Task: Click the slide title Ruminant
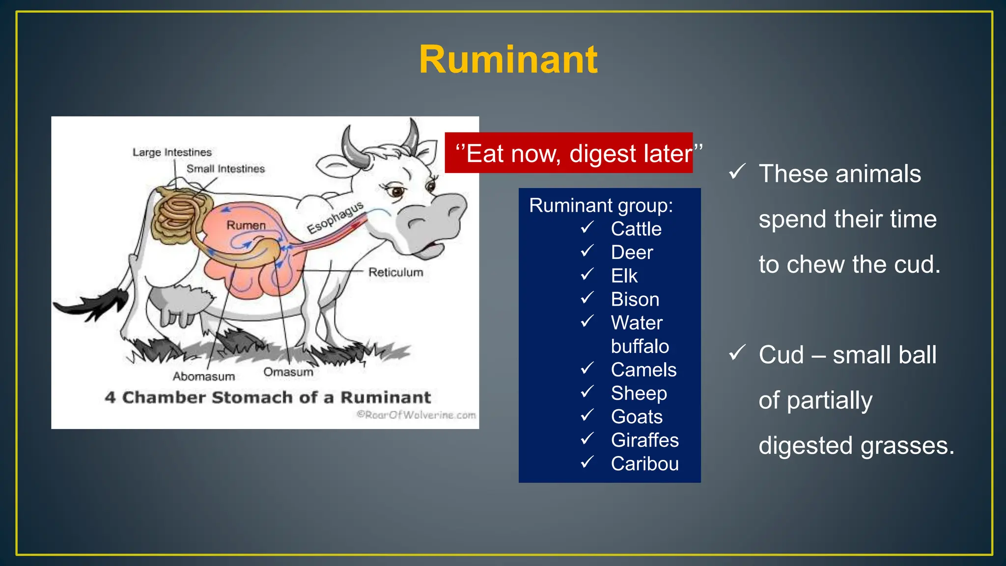pos(508,60)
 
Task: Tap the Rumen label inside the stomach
pos(246,226)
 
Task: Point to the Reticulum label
pos(395,272)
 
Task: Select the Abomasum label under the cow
pos(203,376)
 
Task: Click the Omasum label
pos(288,372)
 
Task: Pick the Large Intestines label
pos(172,152)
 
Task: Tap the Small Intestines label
pos(225,169)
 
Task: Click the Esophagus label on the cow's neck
pos(335,217)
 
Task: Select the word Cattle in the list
pos(636,229)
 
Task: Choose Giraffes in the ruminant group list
pos(644,440)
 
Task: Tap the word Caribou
pos(644,464)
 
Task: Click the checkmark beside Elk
pos(587,274)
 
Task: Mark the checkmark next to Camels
pos(587,368)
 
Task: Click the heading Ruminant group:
pos(601,205)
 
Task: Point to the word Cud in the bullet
pos(781,355)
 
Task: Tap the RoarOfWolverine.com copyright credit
pos(416,415)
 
